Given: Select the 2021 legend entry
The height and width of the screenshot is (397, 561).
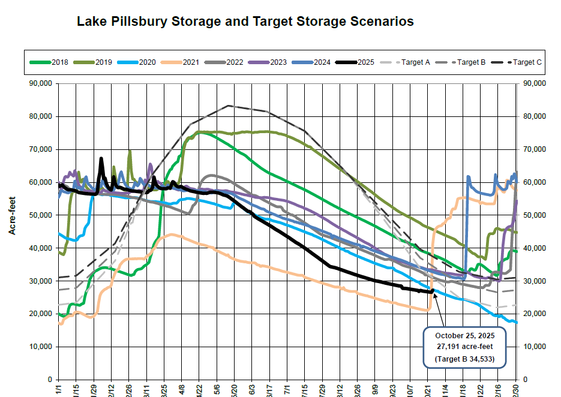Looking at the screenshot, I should [182, 62].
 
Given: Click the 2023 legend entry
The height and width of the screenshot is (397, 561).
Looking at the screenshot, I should [269, 62].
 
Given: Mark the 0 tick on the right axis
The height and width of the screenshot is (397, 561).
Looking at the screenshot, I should [526, 380].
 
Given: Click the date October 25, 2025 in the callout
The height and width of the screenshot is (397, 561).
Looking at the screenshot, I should [465, 335].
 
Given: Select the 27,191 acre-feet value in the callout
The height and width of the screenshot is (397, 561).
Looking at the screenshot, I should [465, 347].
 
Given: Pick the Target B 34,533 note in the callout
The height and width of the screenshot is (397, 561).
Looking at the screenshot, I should [465, 360].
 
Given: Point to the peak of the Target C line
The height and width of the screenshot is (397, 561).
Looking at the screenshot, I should [229, 106].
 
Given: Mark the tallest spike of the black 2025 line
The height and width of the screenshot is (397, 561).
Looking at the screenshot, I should [101, 158].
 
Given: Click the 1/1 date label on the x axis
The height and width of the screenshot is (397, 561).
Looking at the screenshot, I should [59, 388].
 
